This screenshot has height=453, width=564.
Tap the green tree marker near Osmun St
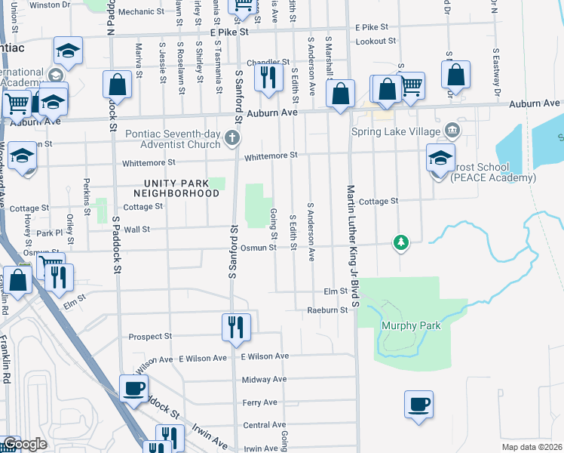pos(401,242)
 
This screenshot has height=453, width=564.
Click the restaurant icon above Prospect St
pos(236,326)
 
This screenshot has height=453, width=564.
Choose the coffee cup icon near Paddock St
pos(135,388)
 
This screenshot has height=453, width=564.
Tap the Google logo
pos(24,444)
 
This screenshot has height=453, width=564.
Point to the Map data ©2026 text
pos(532,447)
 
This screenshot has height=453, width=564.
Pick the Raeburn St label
pos(327,310)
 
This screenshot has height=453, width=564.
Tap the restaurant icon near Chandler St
pos(268,76)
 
